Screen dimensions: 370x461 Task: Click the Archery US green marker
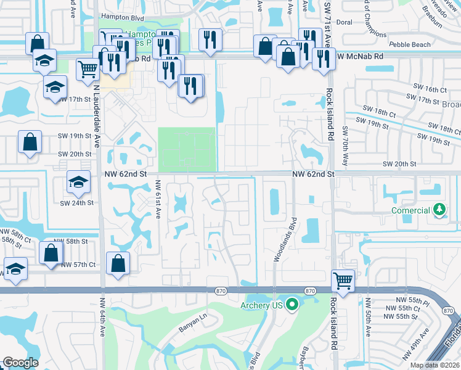pyautogui.click(x=293, y=305)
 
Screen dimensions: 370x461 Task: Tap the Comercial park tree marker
pyautogui.click(x=439, y=210)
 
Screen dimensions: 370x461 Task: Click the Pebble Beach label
pyautogui.click(x=408, y=45)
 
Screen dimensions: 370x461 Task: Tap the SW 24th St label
pyautogui.click(x=77, y=202)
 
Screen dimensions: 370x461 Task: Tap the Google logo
pyautogui.click(x=20, y=363)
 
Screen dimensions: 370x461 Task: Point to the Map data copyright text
pyautogui.click(x=434, y=365)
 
